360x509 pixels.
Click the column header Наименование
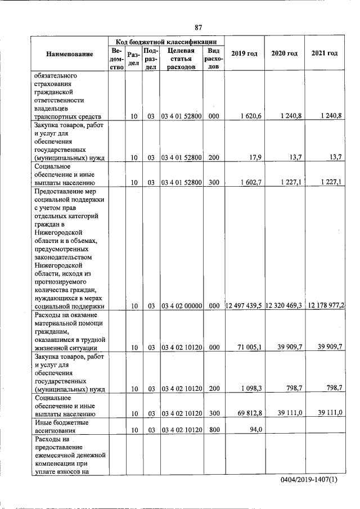(70, 53)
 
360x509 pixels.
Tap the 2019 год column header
(244, 53)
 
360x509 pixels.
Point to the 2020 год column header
(284, 53)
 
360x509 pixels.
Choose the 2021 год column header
(324, 53)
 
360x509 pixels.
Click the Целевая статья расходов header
(181, 58)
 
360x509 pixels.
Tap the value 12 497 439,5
(244, 305)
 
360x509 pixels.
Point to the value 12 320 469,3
(284, 305)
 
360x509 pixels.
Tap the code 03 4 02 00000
(181, 306)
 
